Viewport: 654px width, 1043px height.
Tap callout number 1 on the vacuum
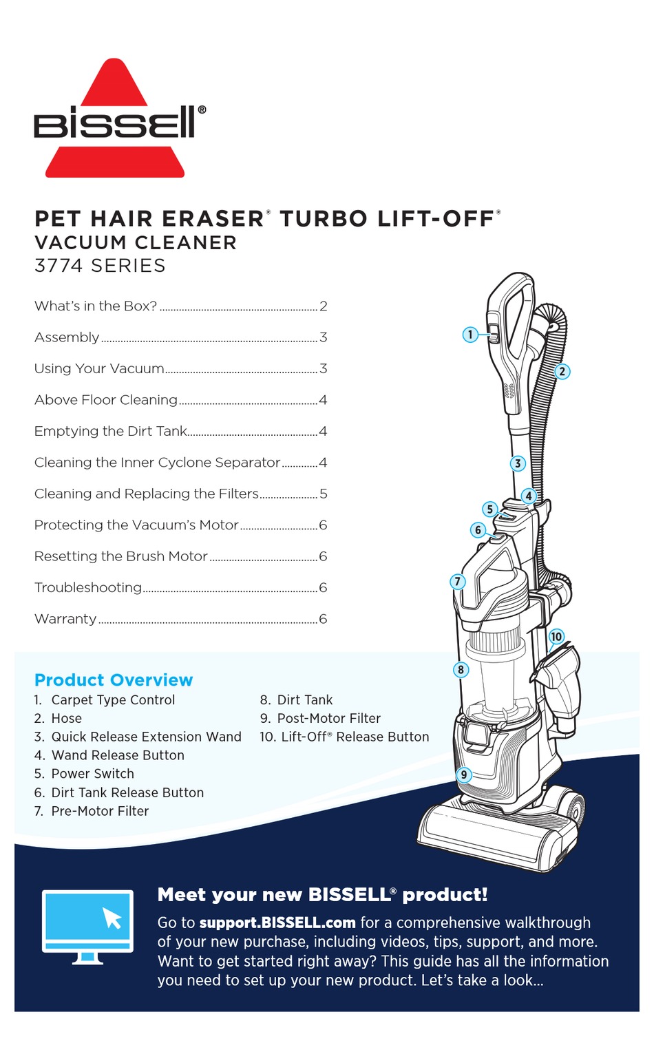point(470,335)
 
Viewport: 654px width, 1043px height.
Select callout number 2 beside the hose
point(562,372)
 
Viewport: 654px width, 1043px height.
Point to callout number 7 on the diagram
point(457,582)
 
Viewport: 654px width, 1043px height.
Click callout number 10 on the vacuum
point(556,637)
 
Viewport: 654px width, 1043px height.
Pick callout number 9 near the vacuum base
point(464,775)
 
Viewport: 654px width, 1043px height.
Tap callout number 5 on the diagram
point(489,509)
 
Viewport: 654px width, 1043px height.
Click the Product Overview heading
point(114,680)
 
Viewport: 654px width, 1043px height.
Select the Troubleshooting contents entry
point(88,588)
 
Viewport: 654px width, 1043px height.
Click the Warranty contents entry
point(65,619)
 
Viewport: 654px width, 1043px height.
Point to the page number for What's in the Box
point(323,306)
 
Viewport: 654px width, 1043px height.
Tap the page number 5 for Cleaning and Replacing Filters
point(323,494)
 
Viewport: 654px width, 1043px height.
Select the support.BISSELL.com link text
point(277,923)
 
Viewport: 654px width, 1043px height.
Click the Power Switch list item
point(92,774)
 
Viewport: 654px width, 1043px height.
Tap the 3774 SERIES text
point(100,266)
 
